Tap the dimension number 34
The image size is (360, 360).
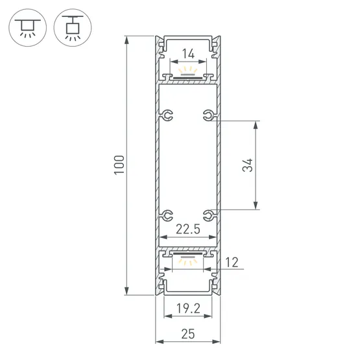pyautogui.click(x=246, y=165)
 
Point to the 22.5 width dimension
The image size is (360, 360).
pyautogui.click(x=187, y=228)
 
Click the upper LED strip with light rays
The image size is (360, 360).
pyautogui.click(x=187, y=73)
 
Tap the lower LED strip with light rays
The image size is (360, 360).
pyautogui.click(x=187, y=260)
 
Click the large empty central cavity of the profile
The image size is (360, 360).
pyautogui.click(x=187, y=165)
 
